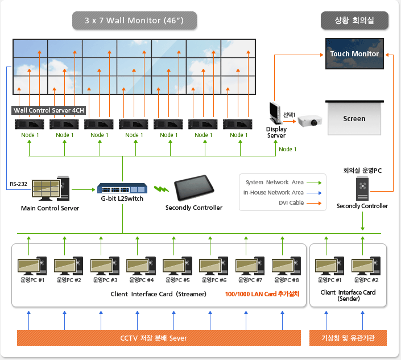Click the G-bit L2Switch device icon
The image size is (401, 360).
pyautogui.click(x=122, y=188)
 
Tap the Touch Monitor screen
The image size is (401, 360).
pyautogui.click(x=354, y=53)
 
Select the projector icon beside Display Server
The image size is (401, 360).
pyautogui.click(x=310, y=121)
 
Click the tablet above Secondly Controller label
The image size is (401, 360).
pyautogui.click(x=194, y=188)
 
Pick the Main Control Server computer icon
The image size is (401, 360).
pyautogui.click(x=51, y=188)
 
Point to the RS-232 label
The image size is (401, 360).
pyautogui.click(x=18, y=184)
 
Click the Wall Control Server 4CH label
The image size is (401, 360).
pyautogui.click(x=48, y=110)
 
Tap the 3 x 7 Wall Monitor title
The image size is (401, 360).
pyautogui.click(x=134, y=20)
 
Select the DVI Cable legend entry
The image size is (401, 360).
pyautogui.click(x=300, y=203)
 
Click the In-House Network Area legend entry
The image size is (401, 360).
pyautogui.click(x=282, y=193)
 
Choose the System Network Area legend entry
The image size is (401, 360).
pyautogui.click(x=283, y=183)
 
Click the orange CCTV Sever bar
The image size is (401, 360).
pyautogui.click(x=159, y=338)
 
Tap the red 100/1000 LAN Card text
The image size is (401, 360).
pyautogui.click(x=262, y=294)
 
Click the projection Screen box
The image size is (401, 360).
pyautogui.click(x=354, y=118)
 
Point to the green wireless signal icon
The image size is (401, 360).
pyautogui.click(x=162, y=189)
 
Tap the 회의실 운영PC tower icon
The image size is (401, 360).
pyautogui.click(x=362, y=189)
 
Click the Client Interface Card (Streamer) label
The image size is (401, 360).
pyautogui.click(x=159, y=294)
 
